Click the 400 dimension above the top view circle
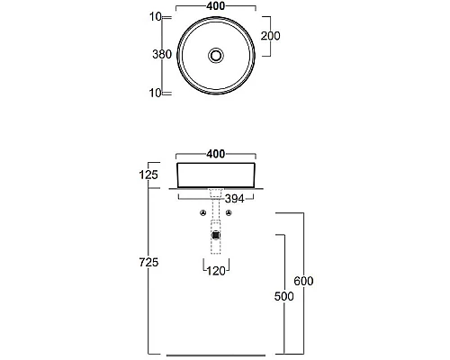pos(216,5)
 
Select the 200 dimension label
pos(270,36)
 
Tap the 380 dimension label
pos(162,54)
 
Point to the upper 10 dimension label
pos(156,17)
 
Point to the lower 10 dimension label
pos(156,93)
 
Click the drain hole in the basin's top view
pos(216,55)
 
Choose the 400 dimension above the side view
pos(216,154)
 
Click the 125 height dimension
pos(148,175)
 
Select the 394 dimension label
pos(235,199)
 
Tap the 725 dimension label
pos(148,263)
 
